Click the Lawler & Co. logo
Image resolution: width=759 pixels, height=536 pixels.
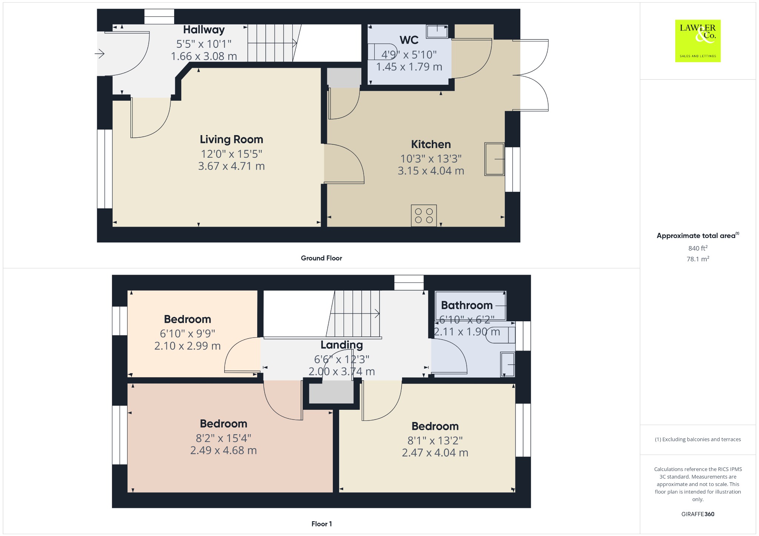pos(697,41)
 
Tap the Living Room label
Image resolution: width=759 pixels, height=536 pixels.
pos(231,140)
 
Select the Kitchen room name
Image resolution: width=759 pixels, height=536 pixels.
pos(431,144)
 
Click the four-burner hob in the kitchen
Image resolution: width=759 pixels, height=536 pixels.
pos(424,215)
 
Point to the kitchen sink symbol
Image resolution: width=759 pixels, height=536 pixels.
pos(494,159)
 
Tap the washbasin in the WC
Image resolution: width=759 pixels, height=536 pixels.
pos(437,31)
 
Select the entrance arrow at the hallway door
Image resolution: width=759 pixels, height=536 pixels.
pos(100,54)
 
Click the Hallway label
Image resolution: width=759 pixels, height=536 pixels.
pos(204,30)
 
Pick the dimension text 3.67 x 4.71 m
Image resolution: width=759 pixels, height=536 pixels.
pos(231,166)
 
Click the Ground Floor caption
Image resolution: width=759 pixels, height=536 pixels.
pos(321,258)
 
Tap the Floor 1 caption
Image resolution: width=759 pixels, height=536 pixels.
pos(321,524)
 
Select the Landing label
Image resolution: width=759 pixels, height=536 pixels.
pos(341,345)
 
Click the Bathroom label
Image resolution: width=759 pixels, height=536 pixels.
pos(467,305)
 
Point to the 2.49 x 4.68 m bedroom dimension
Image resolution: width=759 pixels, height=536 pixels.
pos(223,450)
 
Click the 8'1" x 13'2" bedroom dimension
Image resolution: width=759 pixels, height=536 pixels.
pos(435,440)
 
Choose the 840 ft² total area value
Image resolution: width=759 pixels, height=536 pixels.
pos(697,248)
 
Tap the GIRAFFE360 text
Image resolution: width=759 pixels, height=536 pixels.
pos(697,514)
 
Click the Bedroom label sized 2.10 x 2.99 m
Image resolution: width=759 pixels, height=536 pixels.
pos(188,319)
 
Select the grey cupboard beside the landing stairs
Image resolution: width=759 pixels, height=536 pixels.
pos(331,392)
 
